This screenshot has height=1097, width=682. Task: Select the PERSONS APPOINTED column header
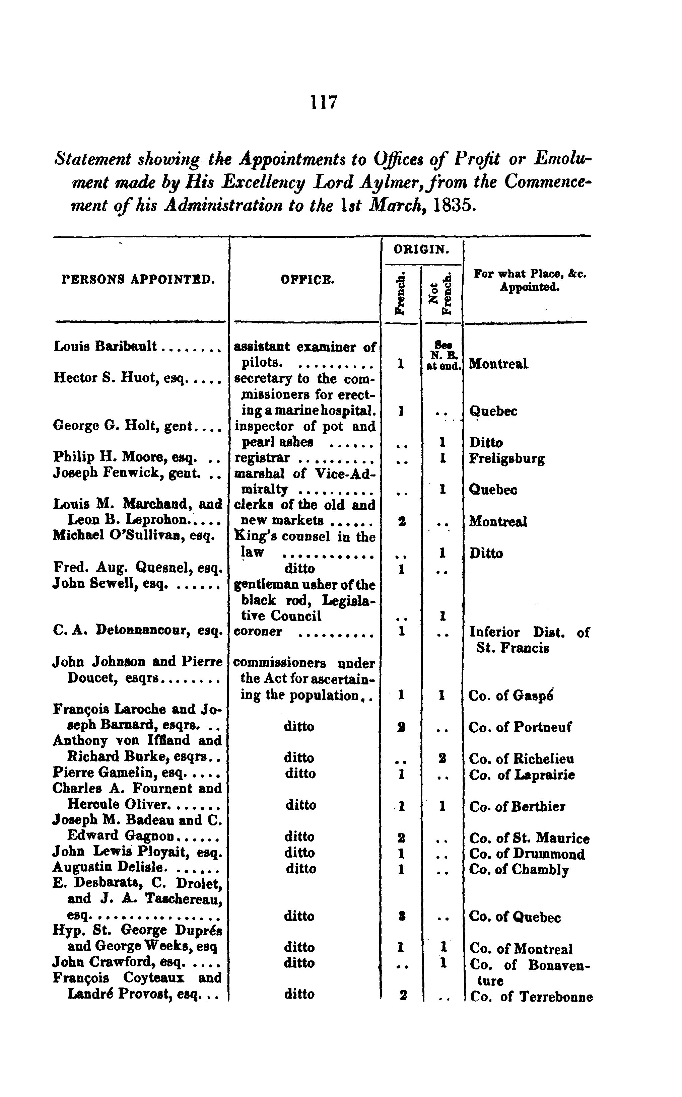138,280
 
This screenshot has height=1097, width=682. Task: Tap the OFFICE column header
308,280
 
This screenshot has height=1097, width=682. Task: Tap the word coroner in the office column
258,632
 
